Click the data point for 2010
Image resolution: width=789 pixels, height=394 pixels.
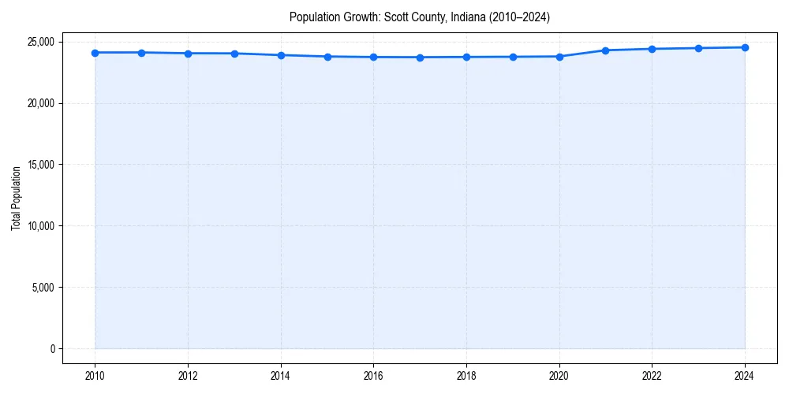pos(95,53)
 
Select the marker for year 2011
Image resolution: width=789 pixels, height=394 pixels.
pos(141,53)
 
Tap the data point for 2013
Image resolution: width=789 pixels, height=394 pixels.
pos(234,54)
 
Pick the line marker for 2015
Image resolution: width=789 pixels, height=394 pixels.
pos(327,57)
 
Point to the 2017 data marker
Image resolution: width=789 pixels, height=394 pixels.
pos(420,58)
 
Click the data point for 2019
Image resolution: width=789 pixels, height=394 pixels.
pos(513,57)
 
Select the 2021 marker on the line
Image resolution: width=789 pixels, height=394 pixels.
pos(605,50)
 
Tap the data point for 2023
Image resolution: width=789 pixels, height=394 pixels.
pos(698,48)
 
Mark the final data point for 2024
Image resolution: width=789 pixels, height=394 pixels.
pos(745,47)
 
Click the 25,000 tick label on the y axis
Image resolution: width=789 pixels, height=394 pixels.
pos(40,42)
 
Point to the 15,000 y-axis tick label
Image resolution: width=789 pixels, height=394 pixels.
pos(40,165)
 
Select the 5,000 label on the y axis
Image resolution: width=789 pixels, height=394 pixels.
pos(43,288)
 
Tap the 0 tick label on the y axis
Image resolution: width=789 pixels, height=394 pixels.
pos(51,349)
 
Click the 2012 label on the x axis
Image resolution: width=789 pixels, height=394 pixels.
pos(188,376)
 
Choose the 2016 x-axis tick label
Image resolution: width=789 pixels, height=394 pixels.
pos(373,376)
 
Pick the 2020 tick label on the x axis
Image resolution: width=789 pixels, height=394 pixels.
pos(559,376)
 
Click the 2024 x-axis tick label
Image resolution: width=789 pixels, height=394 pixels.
pos(745,376)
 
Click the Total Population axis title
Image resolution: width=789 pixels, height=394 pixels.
pos(16,198)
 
